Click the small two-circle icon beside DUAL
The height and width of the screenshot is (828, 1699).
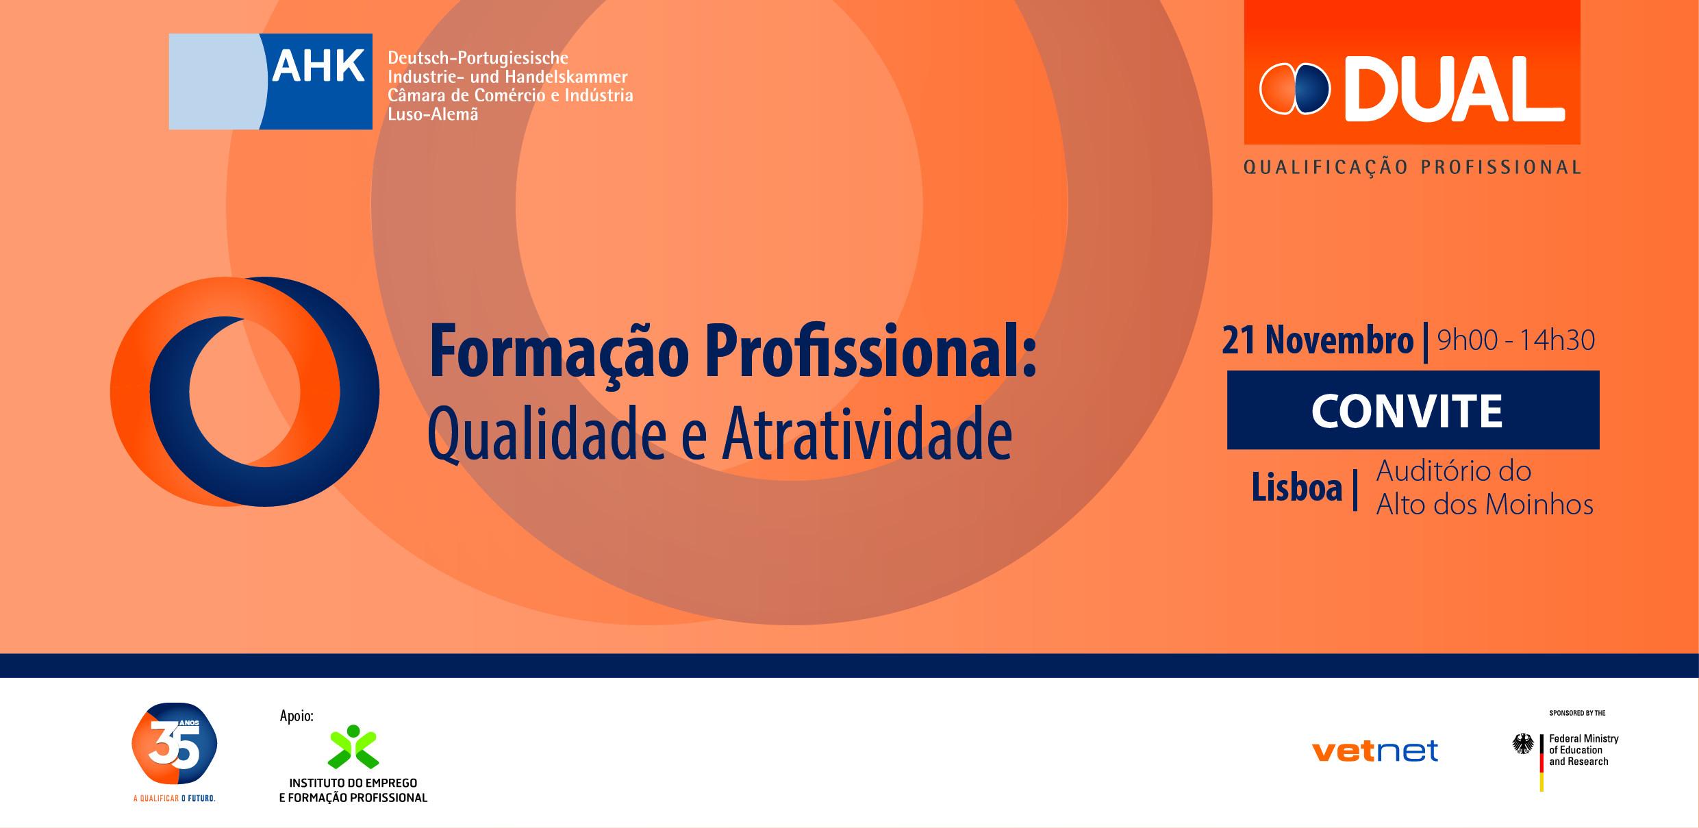(1294, 89)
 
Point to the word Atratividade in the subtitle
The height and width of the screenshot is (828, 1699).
(866, 436)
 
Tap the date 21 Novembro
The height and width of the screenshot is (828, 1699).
(1318, 341)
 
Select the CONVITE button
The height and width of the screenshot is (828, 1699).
(1413, 410)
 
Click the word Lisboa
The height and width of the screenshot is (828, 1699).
(1296, 488)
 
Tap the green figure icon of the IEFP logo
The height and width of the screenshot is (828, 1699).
(353, 747)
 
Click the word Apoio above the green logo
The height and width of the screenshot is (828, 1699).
(297, 716)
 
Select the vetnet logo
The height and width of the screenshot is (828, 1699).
(1374, 751)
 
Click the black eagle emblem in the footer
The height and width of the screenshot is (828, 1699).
(1523, 744)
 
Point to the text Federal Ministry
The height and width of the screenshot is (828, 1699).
(1583, 738)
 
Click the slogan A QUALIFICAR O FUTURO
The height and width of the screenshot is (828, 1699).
(174, 799)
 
